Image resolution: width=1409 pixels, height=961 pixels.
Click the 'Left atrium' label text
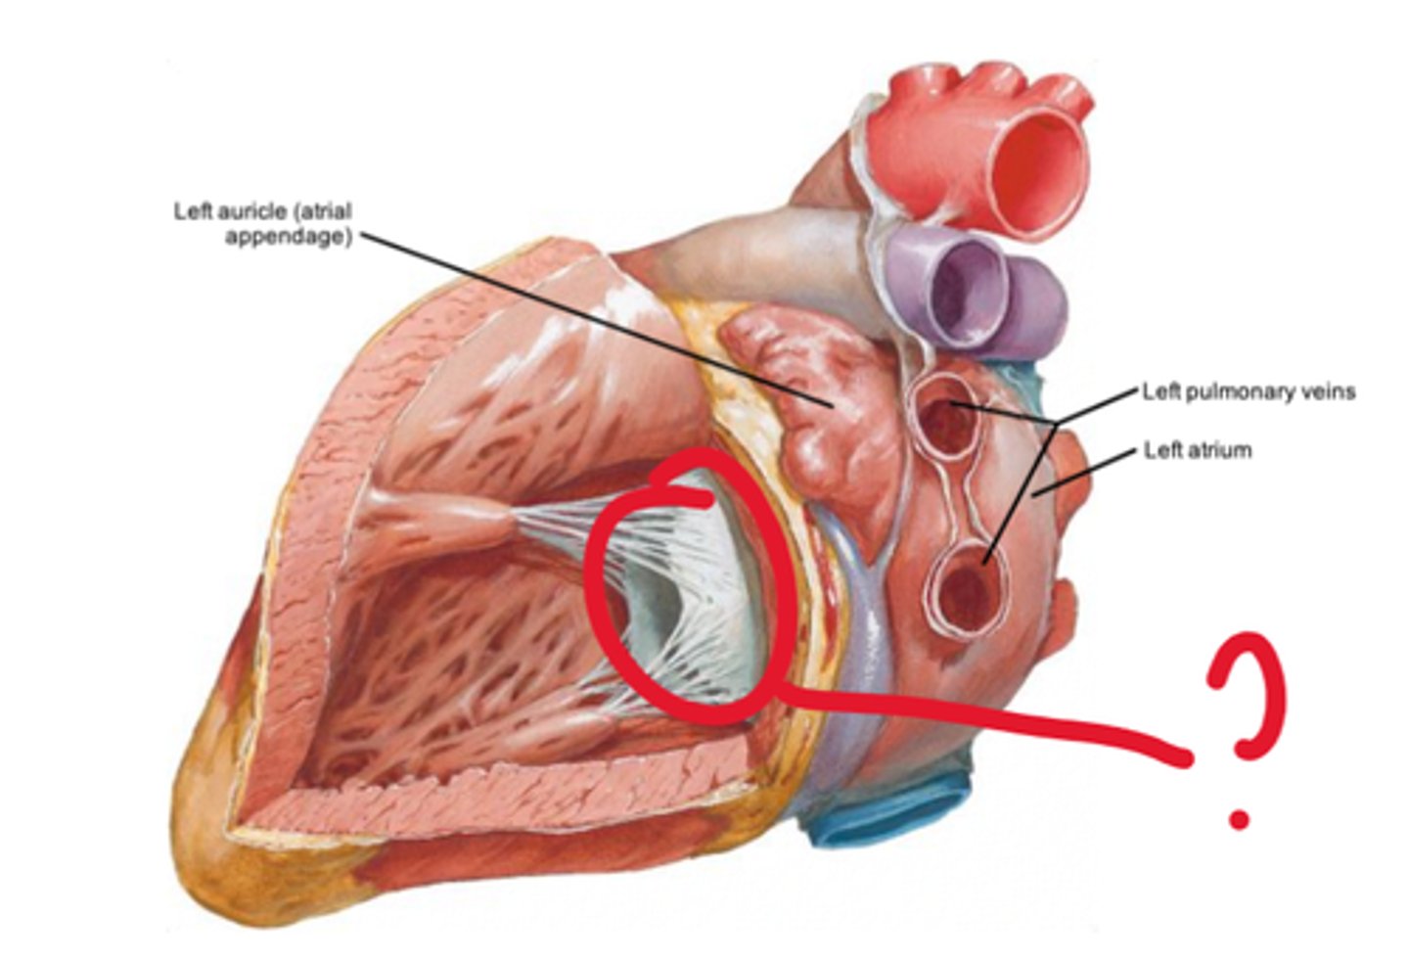pos(1198,451)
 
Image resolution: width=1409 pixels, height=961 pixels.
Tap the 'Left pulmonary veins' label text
pos(1249,391)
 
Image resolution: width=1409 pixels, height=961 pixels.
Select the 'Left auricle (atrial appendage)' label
pos(262,223)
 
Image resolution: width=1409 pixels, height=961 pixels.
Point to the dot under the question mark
pos(1240,818)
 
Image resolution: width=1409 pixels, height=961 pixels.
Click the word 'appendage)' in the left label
pos(288,236)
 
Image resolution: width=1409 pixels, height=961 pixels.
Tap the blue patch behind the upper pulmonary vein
pos(1018,377)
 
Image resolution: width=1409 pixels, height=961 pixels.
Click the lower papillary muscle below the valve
pos(568,729)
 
